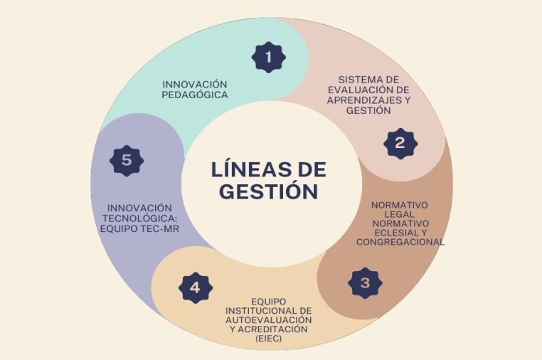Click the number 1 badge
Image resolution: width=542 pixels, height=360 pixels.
coord(269,56)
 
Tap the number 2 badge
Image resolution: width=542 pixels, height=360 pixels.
coord(400,143)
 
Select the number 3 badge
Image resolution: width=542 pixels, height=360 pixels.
coord(365,283)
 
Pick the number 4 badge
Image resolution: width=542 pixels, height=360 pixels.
coord(196,288)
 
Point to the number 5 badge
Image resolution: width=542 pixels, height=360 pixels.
coord(127,160)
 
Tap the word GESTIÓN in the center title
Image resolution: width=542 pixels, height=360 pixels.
coord(268,191)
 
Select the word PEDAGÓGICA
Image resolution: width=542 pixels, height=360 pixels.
coord(195,94)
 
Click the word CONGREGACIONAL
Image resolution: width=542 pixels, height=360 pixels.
coord(400,241)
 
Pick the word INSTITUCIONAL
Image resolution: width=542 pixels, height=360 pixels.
coord(268,311)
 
